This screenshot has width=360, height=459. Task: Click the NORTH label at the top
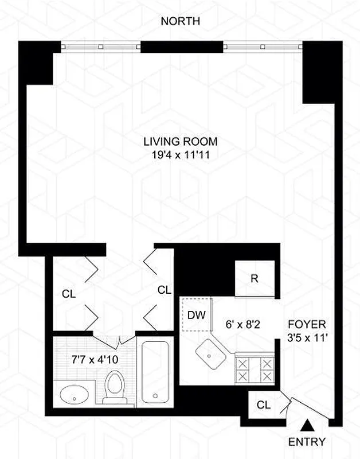[180, 22]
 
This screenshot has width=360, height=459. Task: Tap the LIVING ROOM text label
[181, 141]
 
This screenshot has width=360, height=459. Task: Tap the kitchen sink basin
[210, 355]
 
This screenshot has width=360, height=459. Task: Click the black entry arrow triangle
[307, 425]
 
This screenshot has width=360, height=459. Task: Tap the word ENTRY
[307, 442]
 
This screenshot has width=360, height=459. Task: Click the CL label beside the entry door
[263, 405]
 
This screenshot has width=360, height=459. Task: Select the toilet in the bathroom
[115, 387]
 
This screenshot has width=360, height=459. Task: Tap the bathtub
[155, 373]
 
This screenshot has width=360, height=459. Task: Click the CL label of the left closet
[69, 294]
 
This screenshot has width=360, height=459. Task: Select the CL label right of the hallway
[165, 290]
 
